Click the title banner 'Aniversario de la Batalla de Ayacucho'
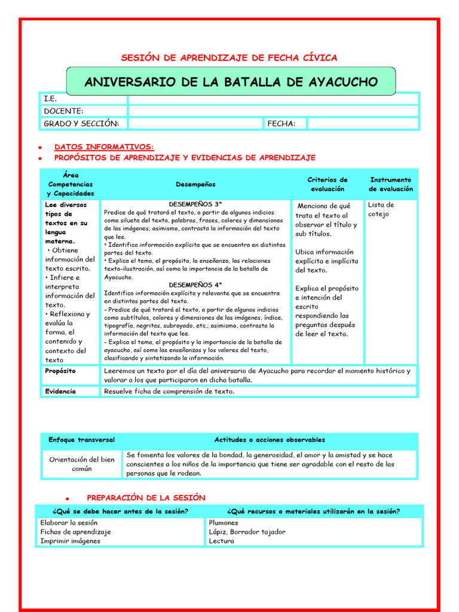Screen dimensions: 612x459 (x=231, y=82)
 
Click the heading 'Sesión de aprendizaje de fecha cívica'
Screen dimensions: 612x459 (x=229, y=58)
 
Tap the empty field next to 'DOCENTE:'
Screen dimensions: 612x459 (x=273, y=111)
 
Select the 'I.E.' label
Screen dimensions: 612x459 (x=50, y=99)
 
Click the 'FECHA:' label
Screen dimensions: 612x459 (x=281, y=124)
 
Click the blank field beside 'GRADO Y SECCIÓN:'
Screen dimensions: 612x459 (x=195, y=124)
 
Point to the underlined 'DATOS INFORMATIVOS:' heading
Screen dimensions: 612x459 (x=104, y=146)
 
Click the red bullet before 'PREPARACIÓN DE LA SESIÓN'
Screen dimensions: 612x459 (x=68, y=498)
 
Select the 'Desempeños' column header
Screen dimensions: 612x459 (x=195, y=185)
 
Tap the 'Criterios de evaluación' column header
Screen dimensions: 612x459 (x=327, y=184)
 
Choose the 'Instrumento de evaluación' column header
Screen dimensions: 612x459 (x=391, y=184)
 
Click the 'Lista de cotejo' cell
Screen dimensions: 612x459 (x=381, y=209)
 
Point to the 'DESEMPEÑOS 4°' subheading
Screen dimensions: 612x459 (x=195, y=285)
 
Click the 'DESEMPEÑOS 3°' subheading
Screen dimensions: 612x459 (x=195, y=204)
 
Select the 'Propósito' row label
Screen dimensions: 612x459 (x=60, y=371)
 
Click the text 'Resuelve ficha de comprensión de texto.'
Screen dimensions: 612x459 (x=169, y=391)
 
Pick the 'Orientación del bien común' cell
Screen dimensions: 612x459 (x=81, y=464)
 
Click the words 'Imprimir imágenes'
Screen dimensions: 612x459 (x=70, y=541)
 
